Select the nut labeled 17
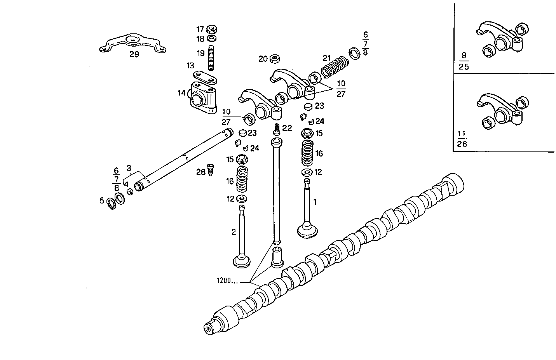pyautogui.click(x=212, y=30)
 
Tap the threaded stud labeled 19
pyautogui.click(x=211, y=58)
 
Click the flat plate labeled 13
pyautogui.click(x=206, y=77)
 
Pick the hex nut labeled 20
pyautogui.click(x=274, y=59)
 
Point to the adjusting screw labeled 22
pyautogui.click(x=277, y=129)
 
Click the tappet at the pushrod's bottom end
pyautogui.click(x=276, y=256)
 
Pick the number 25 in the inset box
pyautogui.click(x=464, y=66)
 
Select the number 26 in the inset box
pyautogui.click(x=462, y=144)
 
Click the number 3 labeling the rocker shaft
pyautogui.click(x=129, y=169)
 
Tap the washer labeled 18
pyautogui.click(x=212, y=38)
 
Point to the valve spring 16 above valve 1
pyautogui.click(x=307, y=154)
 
